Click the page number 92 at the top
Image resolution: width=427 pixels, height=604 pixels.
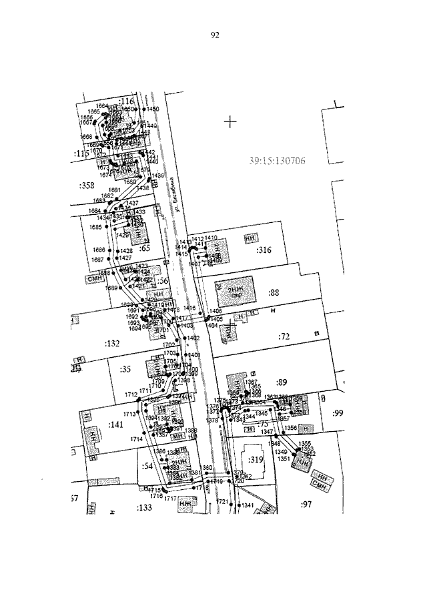click(x=215, y=36)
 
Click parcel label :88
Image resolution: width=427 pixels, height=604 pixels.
click(x=273, y=292)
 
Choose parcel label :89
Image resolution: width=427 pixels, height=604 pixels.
click(x=282, y=382)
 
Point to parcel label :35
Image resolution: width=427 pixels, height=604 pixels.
click(x=125, y=368)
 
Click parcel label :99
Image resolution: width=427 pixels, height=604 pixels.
click(x=337, y=414)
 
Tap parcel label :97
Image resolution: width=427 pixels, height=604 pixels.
click(x=306, y=504)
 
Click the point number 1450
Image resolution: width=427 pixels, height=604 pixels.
click(x=153, y=109)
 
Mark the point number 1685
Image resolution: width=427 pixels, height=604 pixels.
click(x=95, y=227)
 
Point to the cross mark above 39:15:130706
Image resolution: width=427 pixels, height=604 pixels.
click(x=231, y=121)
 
